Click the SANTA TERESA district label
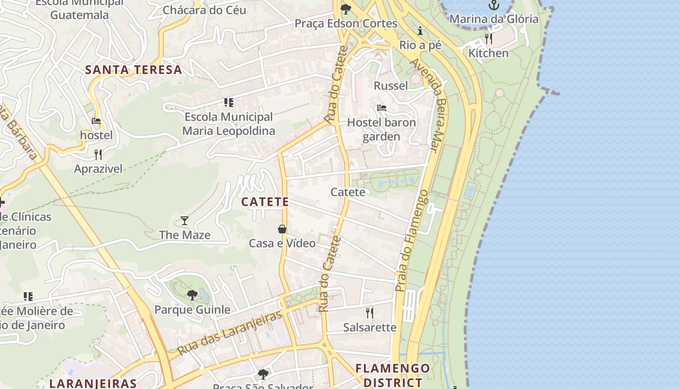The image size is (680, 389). click(134, 70)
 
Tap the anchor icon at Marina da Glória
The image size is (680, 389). click(493, 5)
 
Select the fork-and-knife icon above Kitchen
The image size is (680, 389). click(489, 39)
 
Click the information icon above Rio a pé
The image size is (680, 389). click(420, 31)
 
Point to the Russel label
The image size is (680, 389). click(391, 86)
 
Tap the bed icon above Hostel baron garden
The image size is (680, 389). click(382, 108)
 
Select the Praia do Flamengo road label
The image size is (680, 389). click(411, 241)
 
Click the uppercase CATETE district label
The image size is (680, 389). click(265, 201)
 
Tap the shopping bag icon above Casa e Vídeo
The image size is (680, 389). click(282, 229)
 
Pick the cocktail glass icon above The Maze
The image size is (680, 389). click(185, 221)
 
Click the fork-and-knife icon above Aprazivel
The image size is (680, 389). click(98, 155)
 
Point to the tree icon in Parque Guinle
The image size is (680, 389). click(192, 295)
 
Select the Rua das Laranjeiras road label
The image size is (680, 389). click(229, 333)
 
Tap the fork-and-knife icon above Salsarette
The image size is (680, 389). click(370, 313)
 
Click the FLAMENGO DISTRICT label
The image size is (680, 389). click(392, 375)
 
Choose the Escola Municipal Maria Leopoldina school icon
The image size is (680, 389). click(229, 103)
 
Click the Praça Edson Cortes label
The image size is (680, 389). click(346, 23)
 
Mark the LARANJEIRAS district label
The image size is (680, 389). click(93, 383)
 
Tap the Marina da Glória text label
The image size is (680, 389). click(493, 19)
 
